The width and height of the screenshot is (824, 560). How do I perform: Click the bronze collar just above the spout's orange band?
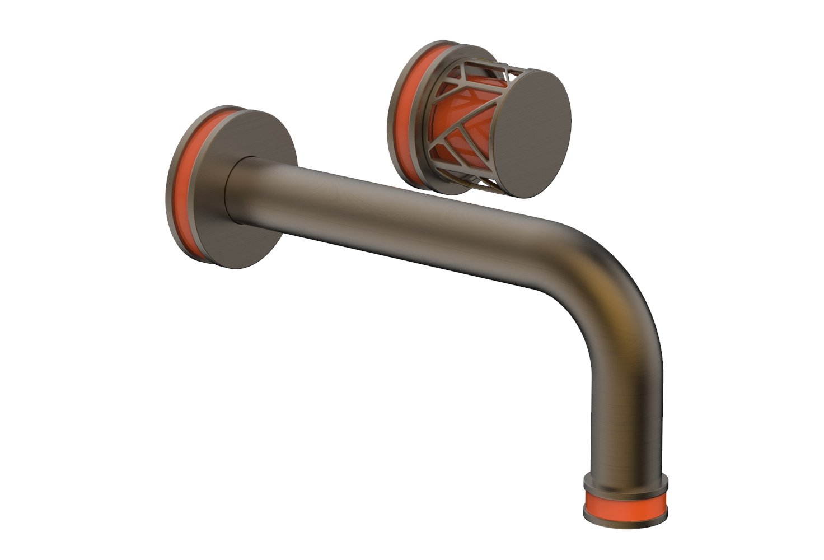click(x=626, y=482)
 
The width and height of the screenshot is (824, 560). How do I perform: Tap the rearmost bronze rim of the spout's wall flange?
click(x=170, y=185)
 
